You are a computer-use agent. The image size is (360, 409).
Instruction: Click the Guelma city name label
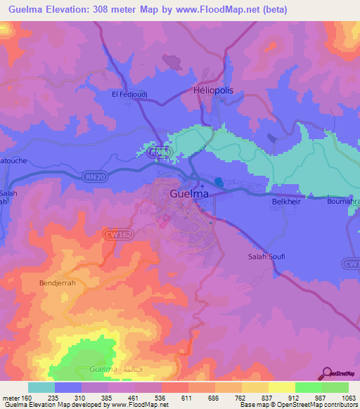(189, 193)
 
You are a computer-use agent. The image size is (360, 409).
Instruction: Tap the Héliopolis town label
(212, 91)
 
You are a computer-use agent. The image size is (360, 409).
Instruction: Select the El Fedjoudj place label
(129, 93)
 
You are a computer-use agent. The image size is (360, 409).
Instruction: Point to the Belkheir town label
(286, 202)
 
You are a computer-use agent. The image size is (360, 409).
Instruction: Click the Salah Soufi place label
(266, 257)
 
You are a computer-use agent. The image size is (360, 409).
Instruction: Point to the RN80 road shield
(160, 152)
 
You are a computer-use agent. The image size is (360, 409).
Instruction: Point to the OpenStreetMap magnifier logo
(328, 375)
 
